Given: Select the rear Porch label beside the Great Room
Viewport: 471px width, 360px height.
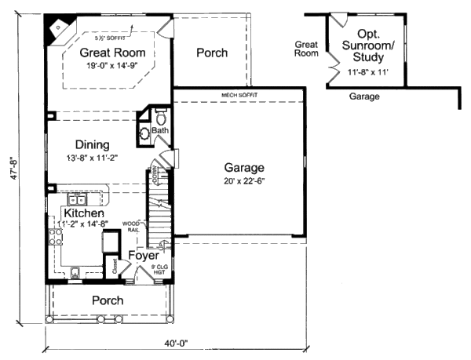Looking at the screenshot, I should (211, 53).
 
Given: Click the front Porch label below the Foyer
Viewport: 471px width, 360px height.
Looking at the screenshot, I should (108, 300).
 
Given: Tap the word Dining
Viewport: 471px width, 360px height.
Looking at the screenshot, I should (92, 144).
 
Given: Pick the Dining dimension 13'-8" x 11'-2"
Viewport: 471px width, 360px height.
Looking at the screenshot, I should (92, 158).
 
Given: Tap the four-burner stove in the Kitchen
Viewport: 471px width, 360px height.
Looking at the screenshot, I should (56, 239).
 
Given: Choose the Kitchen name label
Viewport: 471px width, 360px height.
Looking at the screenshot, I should (85, 213).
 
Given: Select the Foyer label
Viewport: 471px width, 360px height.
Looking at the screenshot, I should (144, 256).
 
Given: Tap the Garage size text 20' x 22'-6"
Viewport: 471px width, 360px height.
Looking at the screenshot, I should (244, 182).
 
